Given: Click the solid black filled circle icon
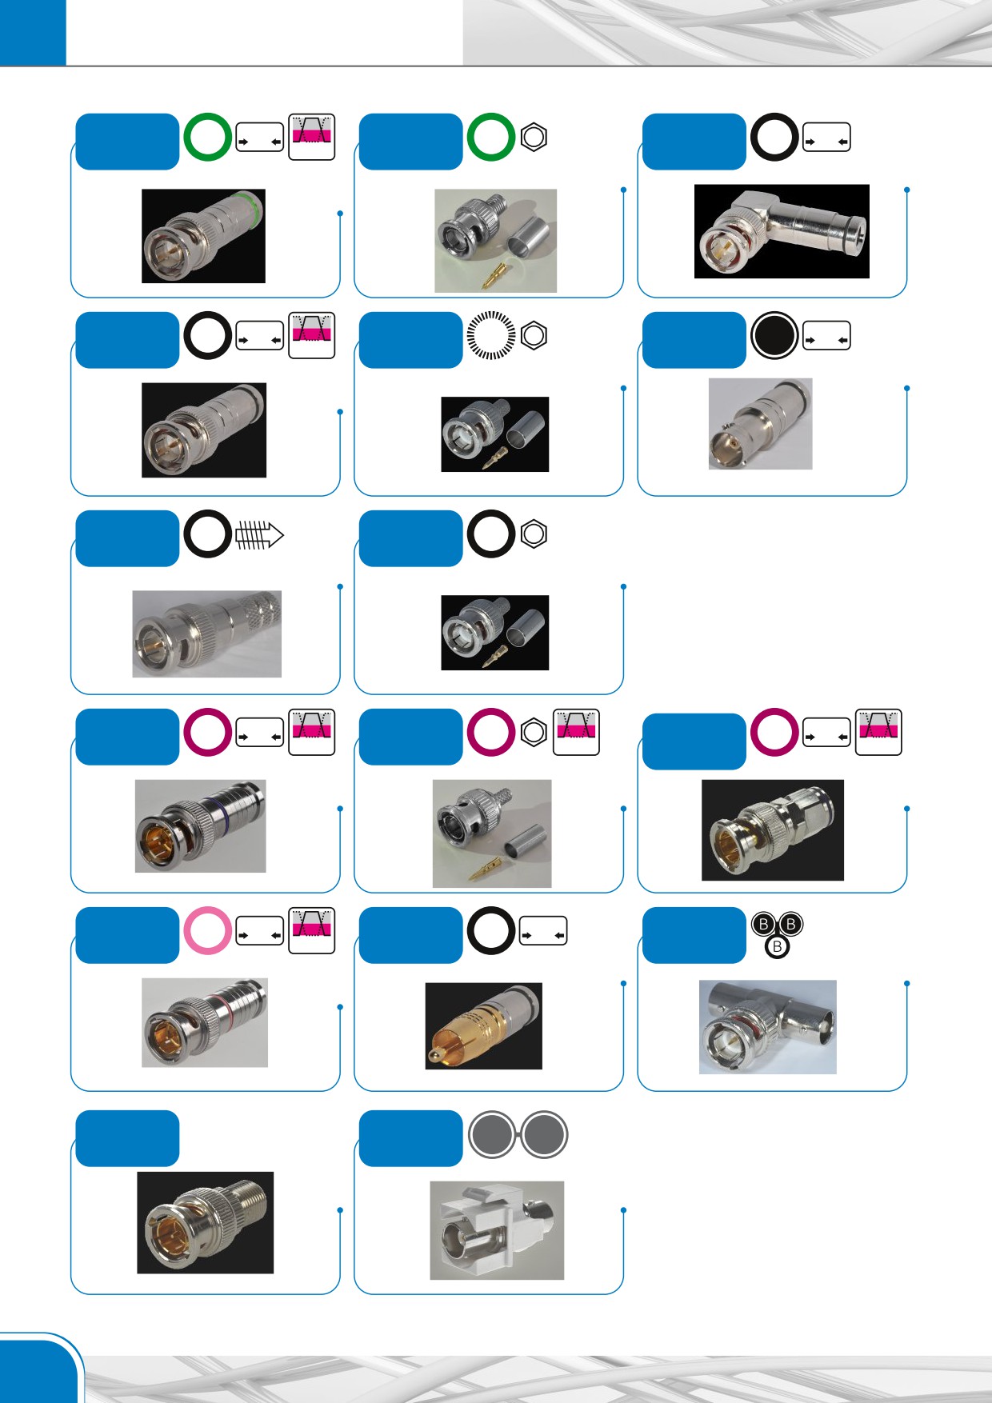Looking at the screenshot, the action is click(774, 335).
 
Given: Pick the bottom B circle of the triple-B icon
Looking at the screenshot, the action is click(777, 946).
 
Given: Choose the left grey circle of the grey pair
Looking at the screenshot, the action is click(493, 1135).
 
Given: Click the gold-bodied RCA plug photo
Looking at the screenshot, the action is click(483, 1026).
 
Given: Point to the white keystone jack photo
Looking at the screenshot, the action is click(497, 1230).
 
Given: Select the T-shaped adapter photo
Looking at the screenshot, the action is click(768, 1027).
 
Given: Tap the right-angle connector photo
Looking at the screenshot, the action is click(782, 232).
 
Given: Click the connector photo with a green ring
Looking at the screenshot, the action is click(203, 236).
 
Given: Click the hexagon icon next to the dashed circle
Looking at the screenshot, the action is click(534, 335).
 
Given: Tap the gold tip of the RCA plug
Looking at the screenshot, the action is click(433, 1057).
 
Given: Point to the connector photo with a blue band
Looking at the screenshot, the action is click(200, 826).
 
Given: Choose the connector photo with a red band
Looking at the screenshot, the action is click(205, 1023).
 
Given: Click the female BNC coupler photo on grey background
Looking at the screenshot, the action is click(760, 424).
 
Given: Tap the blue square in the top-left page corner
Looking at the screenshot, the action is click(33, 33).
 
